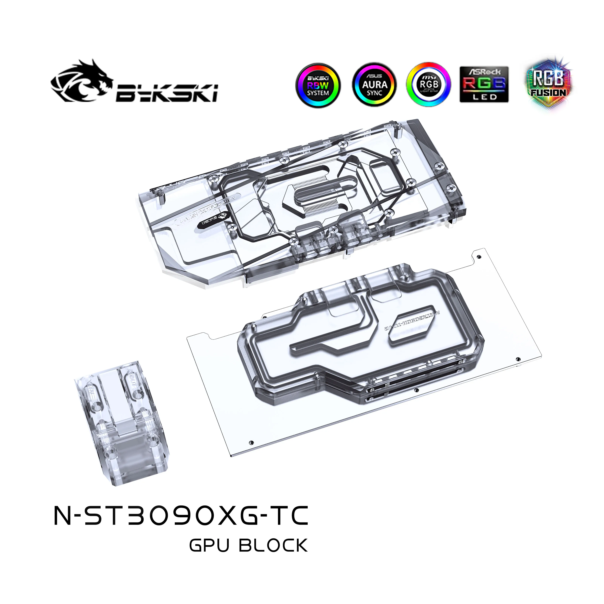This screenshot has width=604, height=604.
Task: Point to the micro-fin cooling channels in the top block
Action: click(x=319, y=197)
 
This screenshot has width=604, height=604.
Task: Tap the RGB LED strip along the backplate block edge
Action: click(x=413, y=384)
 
